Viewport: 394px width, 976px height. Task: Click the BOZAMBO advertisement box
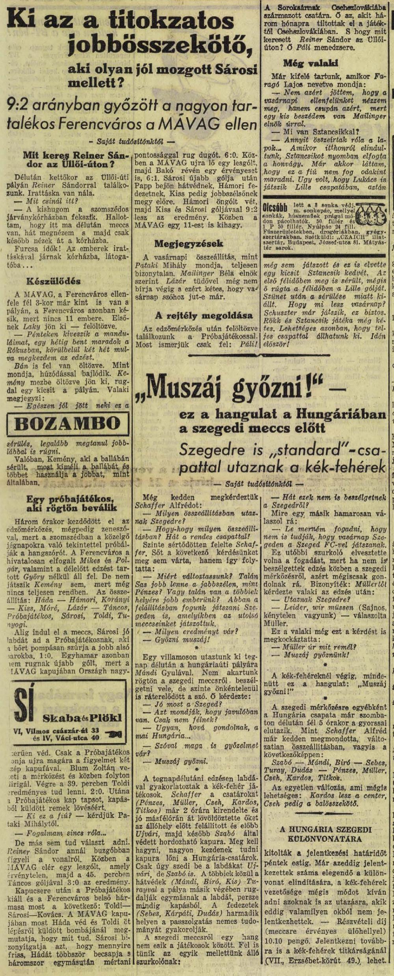pos(68,424)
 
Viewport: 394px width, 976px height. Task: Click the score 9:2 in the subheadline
pos(20,106)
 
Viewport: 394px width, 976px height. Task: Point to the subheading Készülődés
pos(54,281)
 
